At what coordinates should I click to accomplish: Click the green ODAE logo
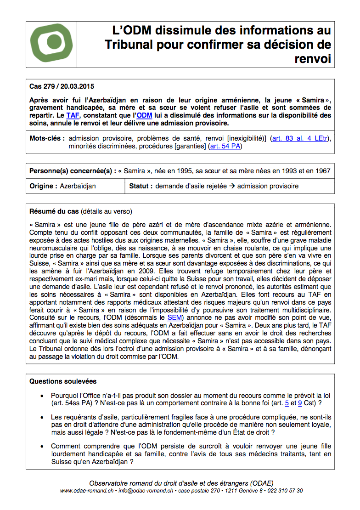pos(51,45)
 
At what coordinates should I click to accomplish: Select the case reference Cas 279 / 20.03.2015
pos(62,86)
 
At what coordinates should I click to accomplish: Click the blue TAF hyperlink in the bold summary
pos(73,115)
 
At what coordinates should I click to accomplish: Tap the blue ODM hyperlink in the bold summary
pos(145,115)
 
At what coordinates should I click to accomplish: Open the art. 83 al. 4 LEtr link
pos(298,138)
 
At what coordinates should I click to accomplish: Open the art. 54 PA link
pos(225,147)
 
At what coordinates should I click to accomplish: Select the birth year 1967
pos(322,171)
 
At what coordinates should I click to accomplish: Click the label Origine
pos(43,186)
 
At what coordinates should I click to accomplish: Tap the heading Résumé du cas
pos(54,212)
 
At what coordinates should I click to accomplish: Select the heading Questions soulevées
pos(63,381)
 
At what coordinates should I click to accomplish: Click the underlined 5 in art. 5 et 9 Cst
pos(287,403)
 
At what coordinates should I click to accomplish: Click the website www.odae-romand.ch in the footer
pos(87,491)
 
